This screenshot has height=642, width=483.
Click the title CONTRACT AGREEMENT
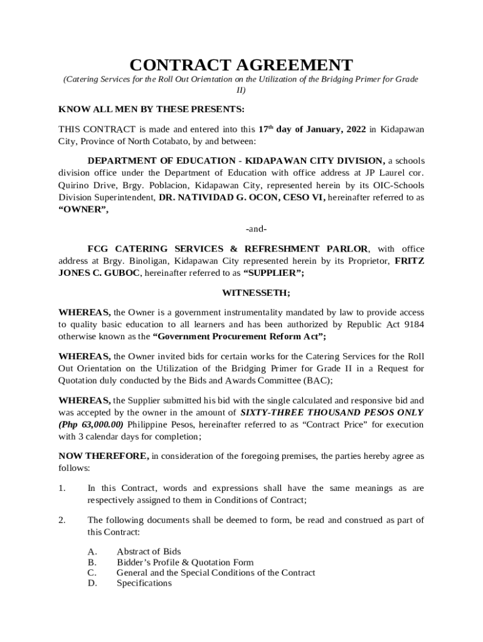241,65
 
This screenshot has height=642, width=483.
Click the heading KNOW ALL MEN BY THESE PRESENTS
151,109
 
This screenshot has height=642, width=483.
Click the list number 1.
62,488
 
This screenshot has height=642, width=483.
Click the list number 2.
62,520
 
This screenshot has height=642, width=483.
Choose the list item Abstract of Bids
149,552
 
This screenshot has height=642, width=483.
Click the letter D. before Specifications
92,583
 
